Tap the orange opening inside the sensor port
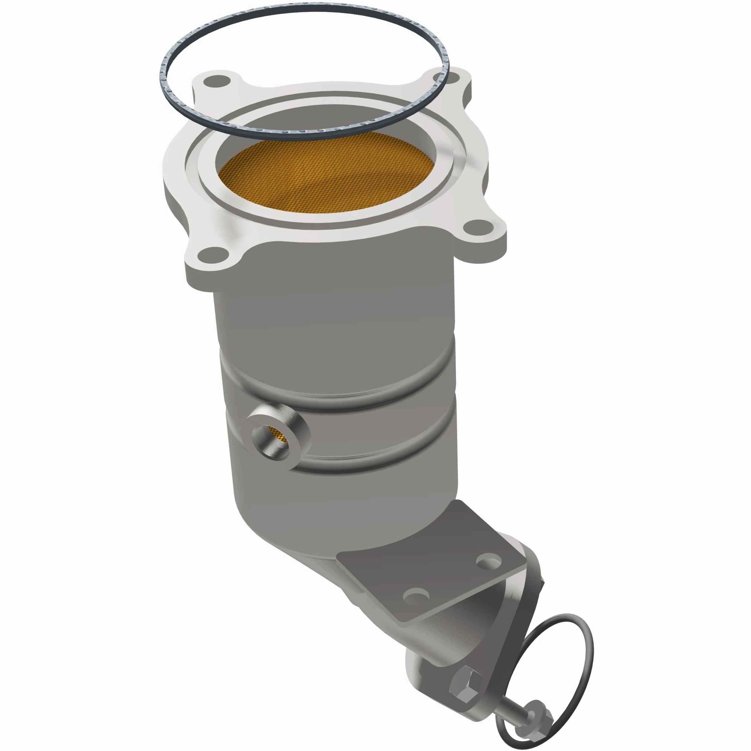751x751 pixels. [277, 435]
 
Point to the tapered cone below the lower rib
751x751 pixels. [311, 517]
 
